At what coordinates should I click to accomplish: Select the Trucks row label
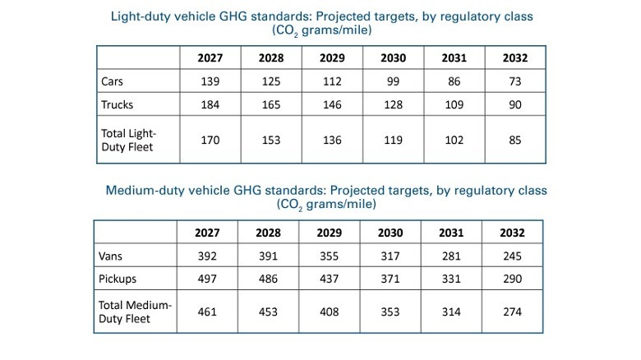coord(117,105)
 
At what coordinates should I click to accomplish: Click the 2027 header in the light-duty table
coord(210,59)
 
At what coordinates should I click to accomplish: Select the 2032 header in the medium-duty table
coord(513,233)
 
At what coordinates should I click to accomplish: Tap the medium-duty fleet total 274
coord(513,312)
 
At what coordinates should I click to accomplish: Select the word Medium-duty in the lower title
coord(145,190)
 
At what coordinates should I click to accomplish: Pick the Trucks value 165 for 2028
coord(272,105)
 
